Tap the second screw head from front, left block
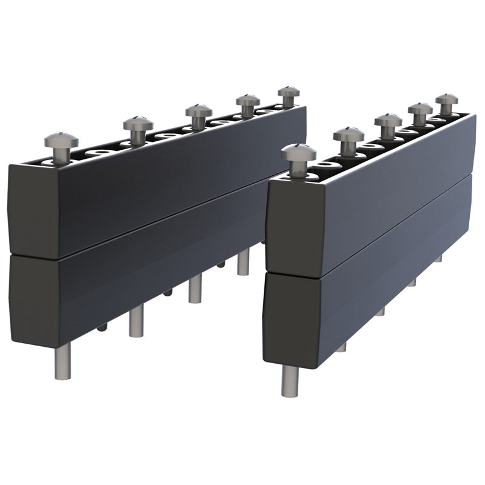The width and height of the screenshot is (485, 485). coord(138,123)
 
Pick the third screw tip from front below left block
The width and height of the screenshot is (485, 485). coord(195,290)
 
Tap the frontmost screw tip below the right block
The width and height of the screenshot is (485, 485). coord(290,382)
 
